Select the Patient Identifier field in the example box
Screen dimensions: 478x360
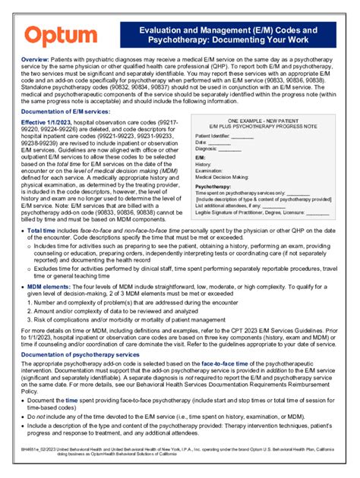[214, 136]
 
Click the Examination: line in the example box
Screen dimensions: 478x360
[213, 171]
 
